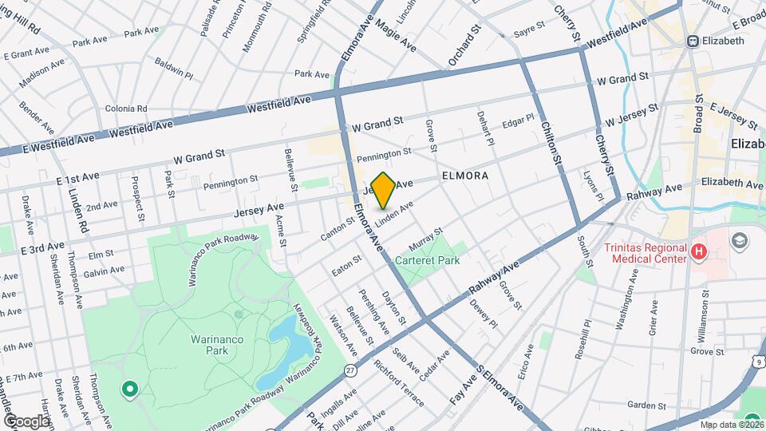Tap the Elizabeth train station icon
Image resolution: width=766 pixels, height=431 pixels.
[x=693, y=41]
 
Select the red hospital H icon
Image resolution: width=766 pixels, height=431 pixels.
[x=700, y=253]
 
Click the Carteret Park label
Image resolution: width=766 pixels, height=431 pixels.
[x=430, y=260]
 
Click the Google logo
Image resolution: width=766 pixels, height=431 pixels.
[x=26, y=421]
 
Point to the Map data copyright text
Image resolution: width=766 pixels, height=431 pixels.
[x=730, y=424]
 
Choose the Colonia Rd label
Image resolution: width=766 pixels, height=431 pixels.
[x=126, y=109]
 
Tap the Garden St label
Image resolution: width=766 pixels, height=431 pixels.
[x=646, y=405]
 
